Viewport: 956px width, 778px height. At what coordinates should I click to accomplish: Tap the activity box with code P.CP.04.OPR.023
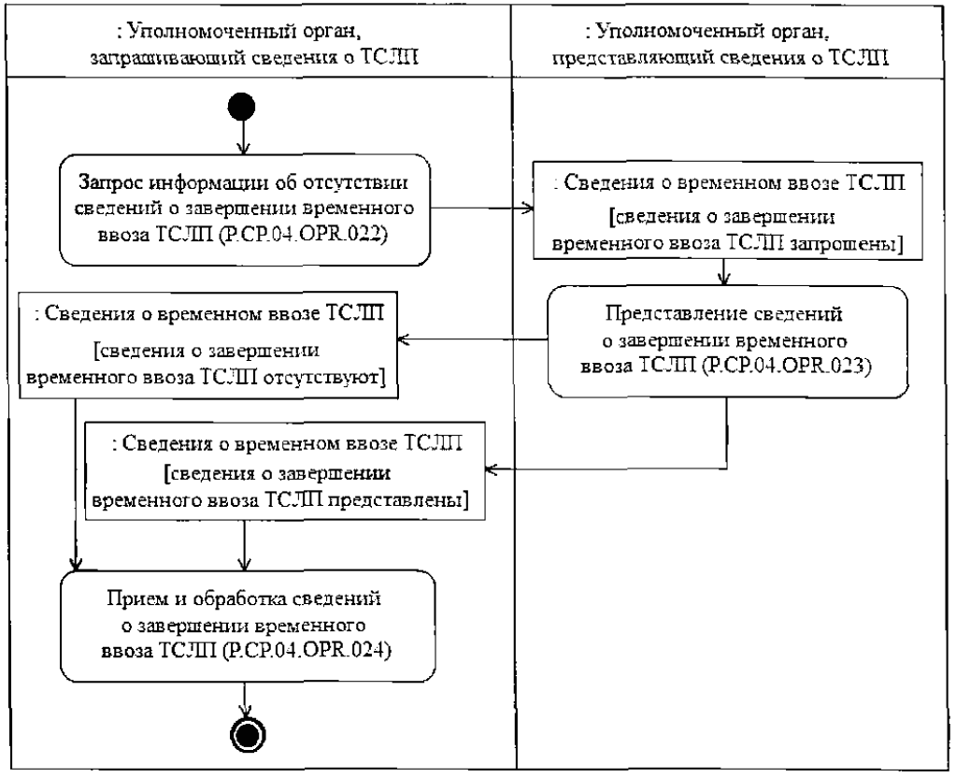[726, 338]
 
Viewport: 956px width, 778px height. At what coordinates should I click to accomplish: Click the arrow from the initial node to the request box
[243, 140]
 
